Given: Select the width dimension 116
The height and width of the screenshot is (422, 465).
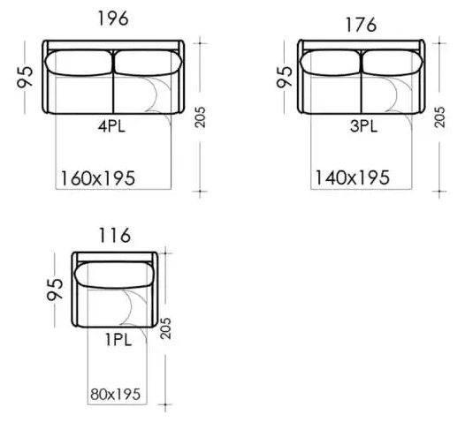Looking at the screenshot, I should [116, 235].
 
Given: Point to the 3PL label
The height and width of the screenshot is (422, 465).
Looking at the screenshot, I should [362, 125].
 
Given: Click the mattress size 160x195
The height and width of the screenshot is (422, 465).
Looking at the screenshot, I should [98, 177].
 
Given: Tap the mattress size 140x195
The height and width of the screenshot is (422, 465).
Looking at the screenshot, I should [352, 177].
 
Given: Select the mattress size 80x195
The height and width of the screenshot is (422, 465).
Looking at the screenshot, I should [117, 395].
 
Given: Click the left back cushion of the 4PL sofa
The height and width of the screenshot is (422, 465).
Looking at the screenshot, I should [78, 62].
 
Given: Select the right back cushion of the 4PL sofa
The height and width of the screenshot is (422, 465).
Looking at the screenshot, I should [147, 62].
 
